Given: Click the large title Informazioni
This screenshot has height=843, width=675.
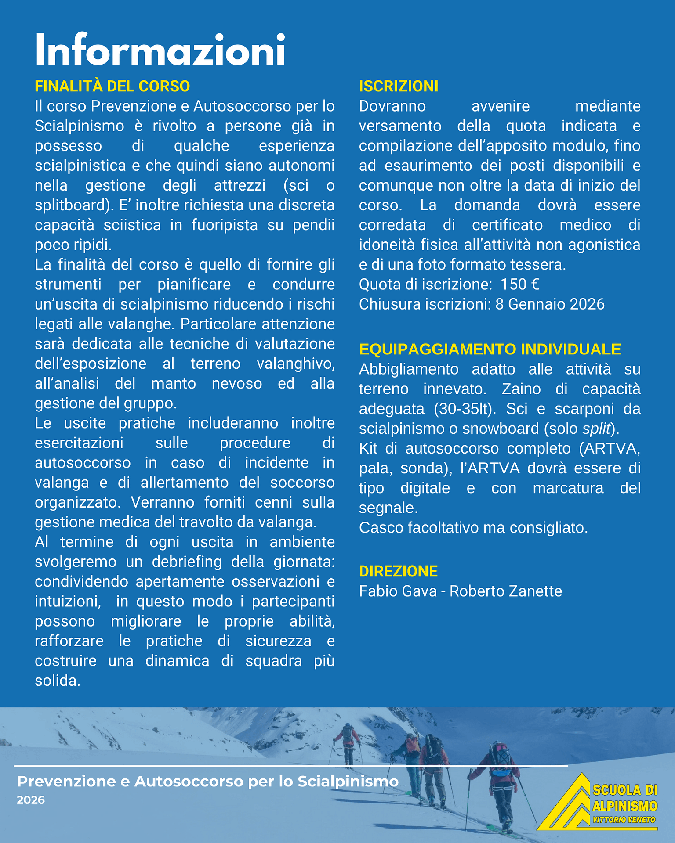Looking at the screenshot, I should [160, 50].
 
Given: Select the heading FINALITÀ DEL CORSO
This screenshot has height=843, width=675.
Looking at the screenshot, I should [112, 86].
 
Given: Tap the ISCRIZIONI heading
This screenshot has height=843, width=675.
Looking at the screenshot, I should [399, 86].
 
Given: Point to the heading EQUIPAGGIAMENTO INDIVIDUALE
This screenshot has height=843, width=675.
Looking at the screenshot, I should [490, 349].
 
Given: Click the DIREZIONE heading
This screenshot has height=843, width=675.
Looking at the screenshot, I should [398, 571].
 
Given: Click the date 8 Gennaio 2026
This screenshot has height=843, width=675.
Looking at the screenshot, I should [550, 304].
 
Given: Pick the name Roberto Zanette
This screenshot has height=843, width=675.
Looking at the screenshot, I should [506, 591].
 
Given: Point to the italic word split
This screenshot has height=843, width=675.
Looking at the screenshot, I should [596, 429].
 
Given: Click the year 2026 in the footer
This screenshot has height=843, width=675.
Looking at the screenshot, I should [31, 800].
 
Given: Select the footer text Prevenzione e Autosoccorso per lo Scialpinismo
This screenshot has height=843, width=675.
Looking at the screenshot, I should [207, 782].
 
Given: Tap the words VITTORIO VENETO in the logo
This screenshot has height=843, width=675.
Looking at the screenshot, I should [624, 820].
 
